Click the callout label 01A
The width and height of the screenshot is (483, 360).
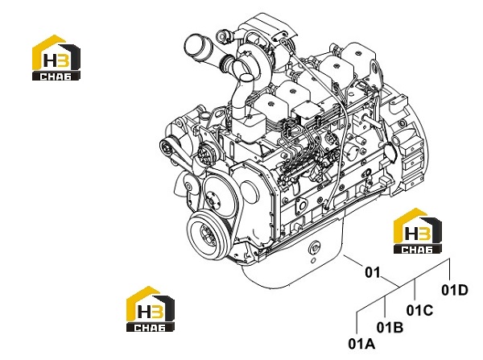pos(361,344)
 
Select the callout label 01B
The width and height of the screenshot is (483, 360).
pos(390,327)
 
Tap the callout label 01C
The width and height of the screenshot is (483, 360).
pos(419,310)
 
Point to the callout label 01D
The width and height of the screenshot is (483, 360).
pos(455,290)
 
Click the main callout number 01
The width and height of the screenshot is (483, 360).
pos(373,272)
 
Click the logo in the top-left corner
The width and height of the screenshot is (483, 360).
pos(56,58)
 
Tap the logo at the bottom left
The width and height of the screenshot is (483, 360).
pos(151,308)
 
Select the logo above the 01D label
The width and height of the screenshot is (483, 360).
pos(417,231)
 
